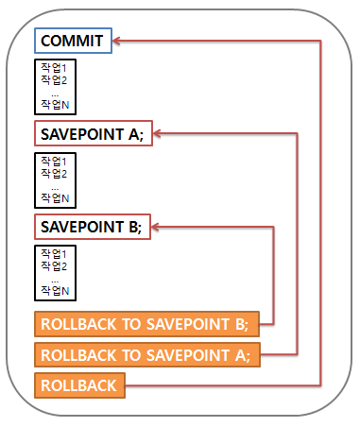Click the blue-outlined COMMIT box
(73, 41)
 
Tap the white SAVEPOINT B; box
(91, 228)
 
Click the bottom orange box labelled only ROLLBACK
(78, 385)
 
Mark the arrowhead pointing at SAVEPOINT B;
(155, 228)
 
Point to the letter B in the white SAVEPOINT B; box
(133, 228)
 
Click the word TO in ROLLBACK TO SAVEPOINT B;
(128, 324)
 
